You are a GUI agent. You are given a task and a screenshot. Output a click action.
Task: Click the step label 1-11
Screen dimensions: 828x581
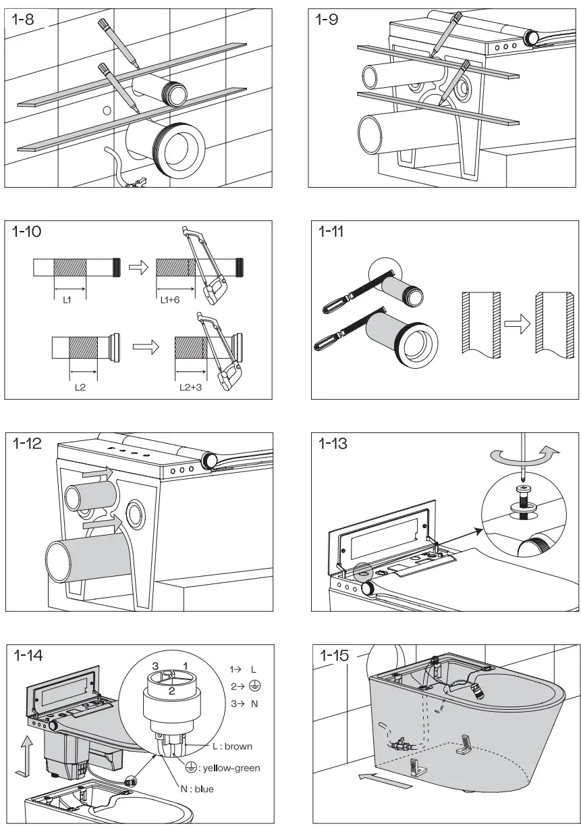click(331, 232)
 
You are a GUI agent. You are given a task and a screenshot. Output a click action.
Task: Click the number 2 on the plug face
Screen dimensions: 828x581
click(172, 690)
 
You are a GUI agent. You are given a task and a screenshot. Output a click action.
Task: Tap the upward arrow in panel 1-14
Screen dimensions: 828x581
click(26, 753)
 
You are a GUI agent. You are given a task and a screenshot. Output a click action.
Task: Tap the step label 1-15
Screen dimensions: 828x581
click(334, 655)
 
